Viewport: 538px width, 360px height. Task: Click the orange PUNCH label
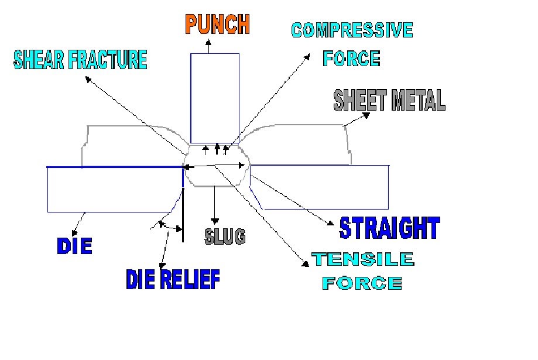tap(218, 24)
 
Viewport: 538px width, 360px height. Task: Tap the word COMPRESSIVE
tap(352, 30)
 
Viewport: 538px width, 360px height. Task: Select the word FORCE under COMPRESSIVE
tap(351, 59)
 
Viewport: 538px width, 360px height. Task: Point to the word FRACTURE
tap(111, 60)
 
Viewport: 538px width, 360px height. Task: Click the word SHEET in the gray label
tap(358, 101)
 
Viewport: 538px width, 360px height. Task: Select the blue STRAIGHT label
tap(389, 228)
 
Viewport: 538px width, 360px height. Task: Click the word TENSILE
tap(363, 259)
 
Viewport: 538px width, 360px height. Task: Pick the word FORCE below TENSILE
tap(363, 284)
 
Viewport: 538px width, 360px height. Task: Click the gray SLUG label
tap(225, 236)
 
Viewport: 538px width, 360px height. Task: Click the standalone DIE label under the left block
tap(74, 246)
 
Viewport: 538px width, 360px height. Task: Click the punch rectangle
tap(214, 97)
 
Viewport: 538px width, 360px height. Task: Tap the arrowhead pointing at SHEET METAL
tap(367, 115)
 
